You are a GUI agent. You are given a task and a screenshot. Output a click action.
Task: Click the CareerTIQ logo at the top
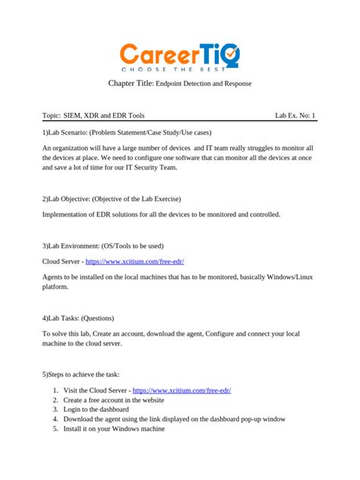179,53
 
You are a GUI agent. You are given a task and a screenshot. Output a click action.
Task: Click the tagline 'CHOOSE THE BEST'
179,69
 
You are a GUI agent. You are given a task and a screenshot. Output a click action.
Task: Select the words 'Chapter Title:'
131,83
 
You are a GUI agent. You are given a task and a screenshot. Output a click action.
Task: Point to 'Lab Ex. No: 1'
295,115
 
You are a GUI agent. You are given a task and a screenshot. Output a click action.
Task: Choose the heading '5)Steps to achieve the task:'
81,374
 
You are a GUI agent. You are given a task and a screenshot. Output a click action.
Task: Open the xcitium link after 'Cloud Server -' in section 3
135,261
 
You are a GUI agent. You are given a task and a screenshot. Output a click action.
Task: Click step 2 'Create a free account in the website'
124,399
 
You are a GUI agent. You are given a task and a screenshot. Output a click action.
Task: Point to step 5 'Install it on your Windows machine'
114,428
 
